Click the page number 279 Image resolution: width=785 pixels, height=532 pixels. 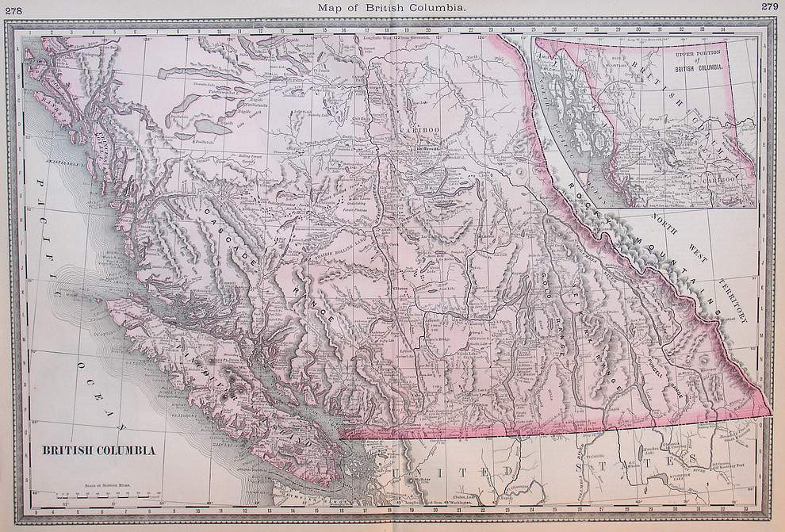pyautogui.click(x=769, y=7)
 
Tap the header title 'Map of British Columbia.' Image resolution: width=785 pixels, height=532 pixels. pyautogui.click(x=392, y=7)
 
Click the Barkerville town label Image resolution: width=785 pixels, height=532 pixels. pyautogui.click(x=433, y=148)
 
